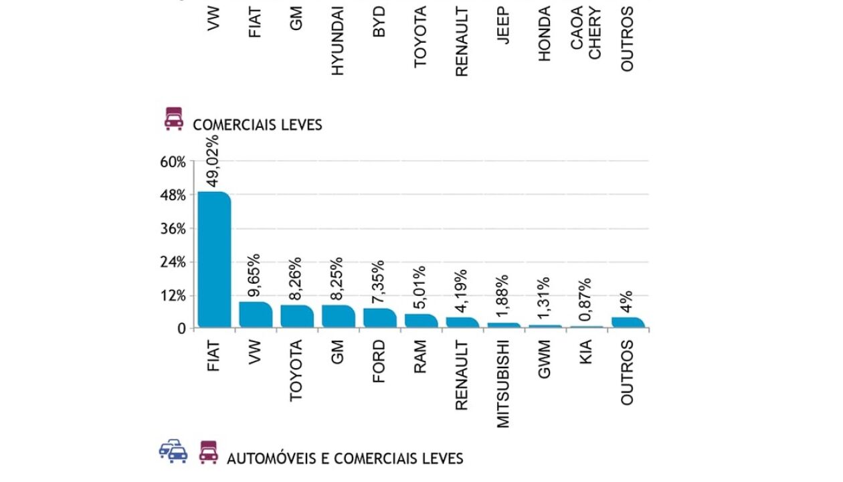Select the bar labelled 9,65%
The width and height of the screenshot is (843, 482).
click(x=256, y=315)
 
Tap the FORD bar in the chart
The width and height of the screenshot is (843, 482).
click(x=379, y=318)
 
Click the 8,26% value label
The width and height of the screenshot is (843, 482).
click(x=296, y=279)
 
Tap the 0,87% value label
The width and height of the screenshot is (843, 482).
click(x=586, y=301)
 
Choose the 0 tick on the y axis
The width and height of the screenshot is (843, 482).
click(x=181, y=329)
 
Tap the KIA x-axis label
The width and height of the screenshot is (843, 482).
click(x=586, y=354)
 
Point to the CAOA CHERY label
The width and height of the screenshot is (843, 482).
click(x=586, y=32)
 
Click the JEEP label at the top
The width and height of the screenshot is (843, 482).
click(x=504, y=25)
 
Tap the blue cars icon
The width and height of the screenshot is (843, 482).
click(x=173, y=451)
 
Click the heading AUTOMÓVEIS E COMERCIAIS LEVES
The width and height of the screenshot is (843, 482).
click(x=345, y=459)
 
